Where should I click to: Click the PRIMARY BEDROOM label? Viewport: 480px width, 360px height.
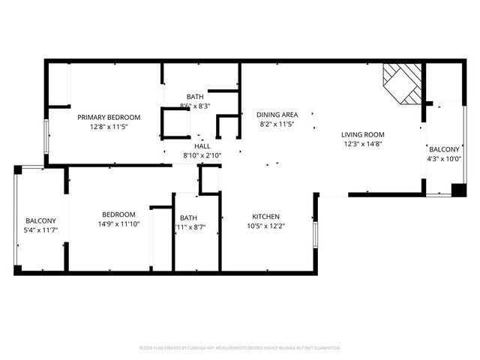click(x=109, y=117)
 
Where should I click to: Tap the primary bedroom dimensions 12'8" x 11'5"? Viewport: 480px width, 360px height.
click(x=109, y=127)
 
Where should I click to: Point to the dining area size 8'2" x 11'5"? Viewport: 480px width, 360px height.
click(x=277, y=124)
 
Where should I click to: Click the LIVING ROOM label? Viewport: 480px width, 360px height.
click(x=363, y=134)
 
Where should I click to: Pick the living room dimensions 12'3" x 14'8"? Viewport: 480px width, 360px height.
click(x=363, y=144)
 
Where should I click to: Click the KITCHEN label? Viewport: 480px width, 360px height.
click(x=266, y=216)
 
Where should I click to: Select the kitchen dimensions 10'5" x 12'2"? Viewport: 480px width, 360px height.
click(x=266, y=226)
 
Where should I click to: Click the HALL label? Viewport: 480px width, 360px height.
click(x=202, y=145)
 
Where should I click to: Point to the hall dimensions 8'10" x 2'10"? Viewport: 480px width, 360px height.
click(x=202, y=155)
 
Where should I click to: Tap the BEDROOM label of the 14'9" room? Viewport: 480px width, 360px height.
click(x=119, y=214)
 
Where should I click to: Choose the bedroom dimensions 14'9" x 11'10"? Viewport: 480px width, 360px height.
click(x=119, y=224)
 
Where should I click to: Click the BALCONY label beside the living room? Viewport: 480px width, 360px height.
click(x=444, y=148)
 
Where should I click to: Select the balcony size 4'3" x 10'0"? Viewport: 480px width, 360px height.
click(x=444, y=158)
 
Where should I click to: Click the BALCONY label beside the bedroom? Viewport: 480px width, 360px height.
click(x=40, y=220)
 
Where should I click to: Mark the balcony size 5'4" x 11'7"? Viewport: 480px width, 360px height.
click(x=40, y=230)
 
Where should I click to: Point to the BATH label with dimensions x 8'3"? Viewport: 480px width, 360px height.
click(x=195, y=97)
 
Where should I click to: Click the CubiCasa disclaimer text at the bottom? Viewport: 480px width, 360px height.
click(x=240, y=348)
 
